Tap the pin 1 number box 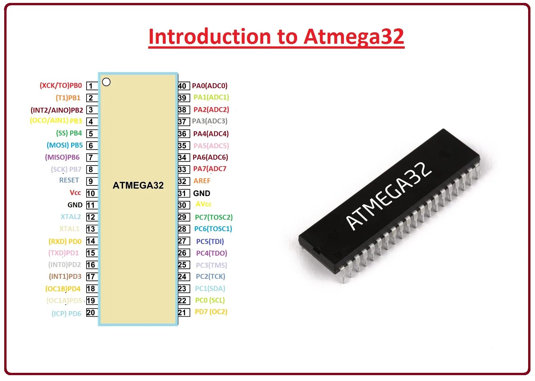(92, 86)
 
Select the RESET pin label (69, 180)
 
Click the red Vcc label (75, 193)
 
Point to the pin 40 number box (183, 86)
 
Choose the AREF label (202, 181)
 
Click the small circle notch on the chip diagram (106, 82)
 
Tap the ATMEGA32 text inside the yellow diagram (138, 185)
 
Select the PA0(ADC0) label (210, 86)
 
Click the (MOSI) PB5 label (65, 145)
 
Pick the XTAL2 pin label (71, 217)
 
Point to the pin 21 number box (183, 312)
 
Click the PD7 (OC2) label (211, 312)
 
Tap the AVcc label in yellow (203, 204)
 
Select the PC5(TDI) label (210, 242)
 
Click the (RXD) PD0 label (65, 242)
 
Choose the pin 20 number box (91, 312)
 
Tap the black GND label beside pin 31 (202, 194)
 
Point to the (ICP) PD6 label (66, 314)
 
